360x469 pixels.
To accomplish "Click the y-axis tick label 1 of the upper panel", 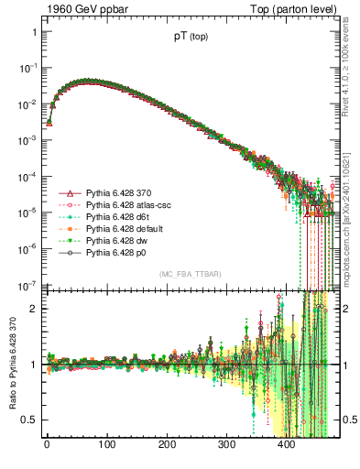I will click(x=33, y=32).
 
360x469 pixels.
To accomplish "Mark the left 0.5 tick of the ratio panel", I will click(x=29, y=420).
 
